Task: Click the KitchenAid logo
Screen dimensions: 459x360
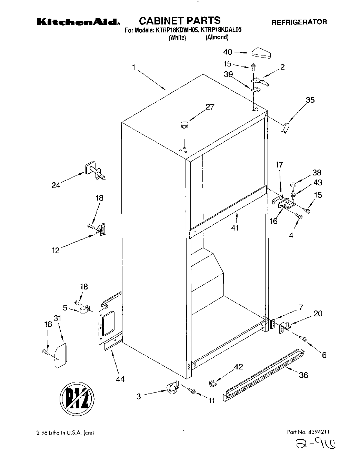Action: click(x=78, y=22)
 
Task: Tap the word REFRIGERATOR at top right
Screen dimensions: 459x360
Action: click(x=299, y=22)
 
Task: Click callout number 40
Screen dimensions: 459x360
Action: click(x=228, y=52)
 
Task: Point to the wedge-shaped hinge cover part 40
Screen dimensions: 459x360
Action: click(x=261, y=53)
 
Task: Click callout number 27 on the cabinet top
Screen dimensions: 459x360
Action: click(x=210, y=107)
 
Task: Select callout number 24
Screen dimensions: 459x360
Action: click(x=56, y=185)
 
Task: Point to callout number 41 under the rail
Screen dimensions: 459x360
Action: click(x=235, y=228)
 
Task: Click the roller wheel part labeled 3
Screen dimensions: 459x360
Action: click(x=172, y=388)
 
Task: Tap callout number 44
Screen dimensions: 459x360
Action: click(x=120, y=379)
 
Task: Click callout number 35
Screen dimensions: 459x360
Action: click(x=310, y=100)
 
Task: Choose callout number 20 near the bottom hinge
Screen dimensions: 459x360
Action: click(x=318, y=313)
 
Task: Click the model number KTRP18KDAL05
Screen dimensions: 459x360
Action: click(x=220, y=30)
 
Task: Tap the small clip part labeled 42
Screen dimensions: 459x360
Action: click(x=213, y=382)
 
